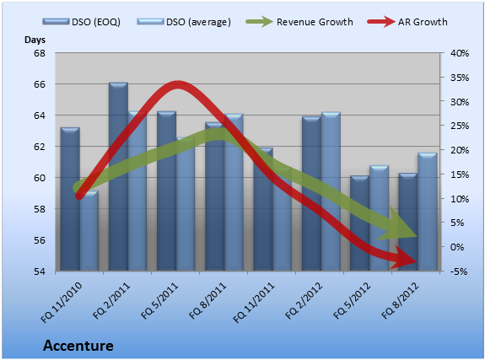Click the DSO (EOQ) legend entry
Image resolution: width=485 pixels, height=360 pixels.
[81, 22]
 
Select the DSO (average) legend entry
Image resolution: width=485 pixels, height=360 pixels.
[184, 22]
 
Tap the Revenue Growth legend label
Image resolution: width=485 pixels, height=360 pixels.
[315, 22]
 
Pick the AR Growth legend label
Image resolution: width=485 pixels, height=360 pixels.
[423, 22]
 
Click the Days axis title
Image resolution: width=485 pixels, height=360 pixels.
[35, 40]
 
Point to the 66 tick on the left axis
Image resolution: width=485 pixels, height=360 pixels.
[40, 84]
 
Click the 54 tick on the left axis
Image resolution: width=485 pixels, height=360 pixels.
[40, 271]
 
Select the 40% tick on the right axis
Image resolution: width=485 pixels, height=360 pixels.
[460, 53]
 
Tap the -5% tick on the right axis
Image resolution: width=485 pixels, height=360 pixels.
[459, 271]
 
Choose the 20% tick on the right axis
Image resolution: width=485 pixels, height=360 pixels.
[460, 150]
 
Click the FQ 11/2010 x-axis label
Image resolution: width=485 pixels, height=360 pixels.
[62, 303]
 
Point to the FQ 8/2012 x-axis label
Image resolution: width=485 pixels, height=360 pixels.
[400, 301]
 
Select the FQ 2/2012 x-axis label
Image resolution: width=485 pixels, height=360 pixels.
[304, 301]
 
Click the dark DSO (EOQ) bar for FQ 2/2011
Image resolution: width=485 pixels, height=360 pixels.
[118, 176]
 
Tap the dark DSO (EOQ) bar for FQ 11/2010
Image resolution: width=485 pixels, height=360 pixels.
[70, 199]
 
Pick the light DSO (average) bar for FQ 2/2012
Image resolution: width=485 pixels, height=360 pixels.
[331, 191]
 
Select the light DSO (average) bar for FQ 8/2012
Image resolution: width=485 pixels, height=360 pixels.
[428, 212]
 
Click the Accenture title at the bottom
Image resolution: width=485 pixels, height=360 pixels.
[78, 346]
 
